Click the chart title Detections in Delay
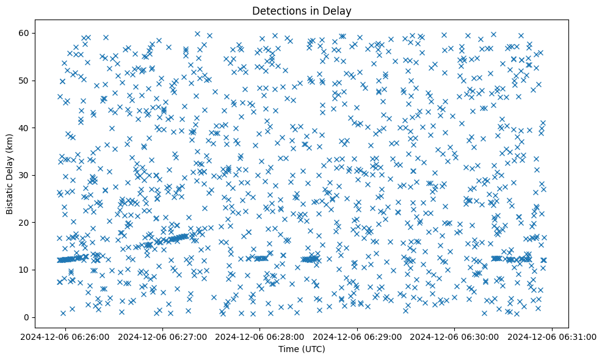pyautogui.click(x=302, y=11)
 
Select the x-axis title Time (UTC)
pyautogui.click(x=302, y=350)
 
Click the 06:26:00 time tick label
pyautogui.click(x=66, y=336)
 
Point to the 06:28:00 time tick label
pyautogui.click(x=261, y=336)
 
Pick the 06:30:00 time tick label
pyautogui.click(x=455, y=336)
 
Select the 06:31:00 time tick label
pyautogui.click(x=553, y=336)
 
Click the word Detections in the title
pyautogui.click(x=279, y=11)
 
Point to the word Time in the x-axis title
pyautogui.click(x=288, y=350)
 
